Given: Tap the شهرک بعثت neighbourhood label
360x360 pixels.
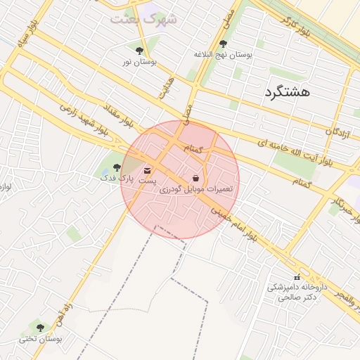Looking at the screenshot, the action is coord(144,18).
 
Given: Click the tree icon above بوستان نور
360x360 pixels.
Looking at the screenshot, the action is coord(139,51).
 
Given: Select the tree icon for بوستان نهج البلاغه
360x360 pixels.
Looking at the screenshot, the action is coord(223,44).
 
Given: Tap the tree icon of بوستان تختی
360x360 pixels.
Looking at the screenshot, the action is coord(39,328).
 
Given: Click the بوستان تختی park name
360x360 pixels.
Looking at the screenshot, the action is coord(41,339).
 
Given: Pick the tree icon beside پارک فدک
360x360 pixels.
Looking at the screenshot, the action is coord(117,167).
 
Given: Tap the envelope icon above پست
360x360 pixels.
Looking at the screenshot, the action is coord(147,170).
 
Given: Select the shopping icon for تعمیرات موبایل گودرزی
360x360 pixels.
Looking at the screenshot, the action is coord(195,179).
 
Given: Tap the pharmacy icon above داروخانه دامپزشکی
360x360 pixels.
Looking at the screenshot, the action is coord(296,276).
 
